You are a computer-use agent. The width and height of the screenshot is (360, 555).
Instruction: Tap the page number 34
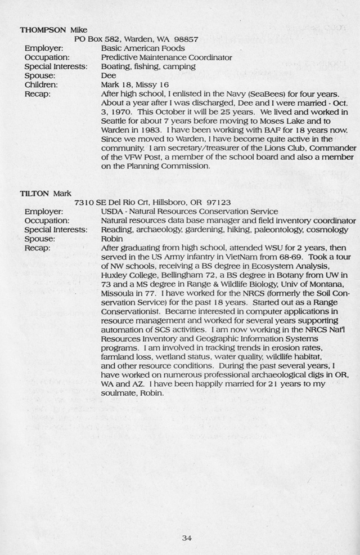187,538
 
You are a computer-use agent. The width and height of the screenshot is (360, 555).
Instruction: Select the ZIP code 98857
184,39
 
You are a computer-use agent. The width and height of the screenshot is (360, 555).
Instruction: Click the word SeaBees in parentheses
262,93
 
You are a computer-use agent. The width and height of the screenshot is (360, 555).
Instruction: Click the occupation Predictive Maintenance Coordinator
166,57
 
